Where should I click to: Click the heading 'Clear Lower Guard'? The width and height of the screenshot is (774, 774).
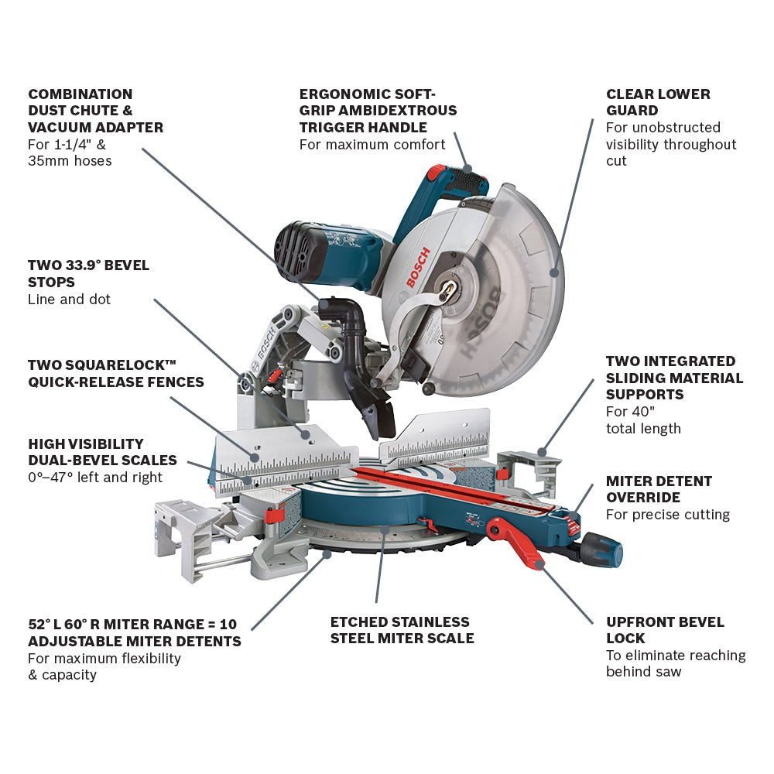pos(658,102)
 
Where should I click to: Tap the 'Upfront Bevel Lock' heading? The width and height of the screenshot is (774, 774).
pos(665,630)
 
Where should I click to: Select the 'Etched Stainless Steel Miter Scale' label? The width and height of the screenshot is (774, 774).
pos(402,630)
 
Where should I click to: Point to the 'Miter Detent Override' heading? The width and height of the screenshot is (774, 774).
pos(649,489)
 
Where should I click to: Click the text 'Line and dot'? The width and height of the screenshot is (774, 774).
pos(69,300)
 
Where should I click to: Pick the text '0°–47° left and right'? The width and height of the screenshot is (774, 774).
pos(95,478)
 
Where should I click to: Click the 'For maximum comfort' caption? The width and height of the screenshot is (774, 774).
pos(372,145)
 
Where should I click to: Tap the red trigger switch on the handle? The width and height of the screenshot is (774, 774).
pos(437,172)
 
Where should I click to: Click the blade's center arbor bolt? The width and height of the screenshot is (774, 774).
pos(447,288)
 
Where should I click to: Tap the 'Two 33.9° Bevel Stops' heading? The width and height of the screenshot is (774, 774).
pos(88,273)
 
